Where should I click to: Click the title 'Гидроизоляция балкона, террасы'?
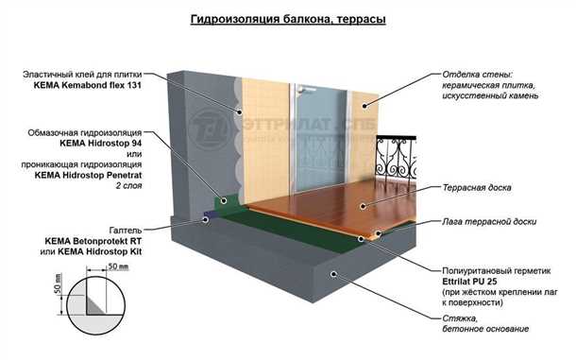pyautogui.click(x=288, y=18)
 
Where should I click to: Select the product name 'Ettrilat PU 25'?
pyautogui.click(x=476, y=281)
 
